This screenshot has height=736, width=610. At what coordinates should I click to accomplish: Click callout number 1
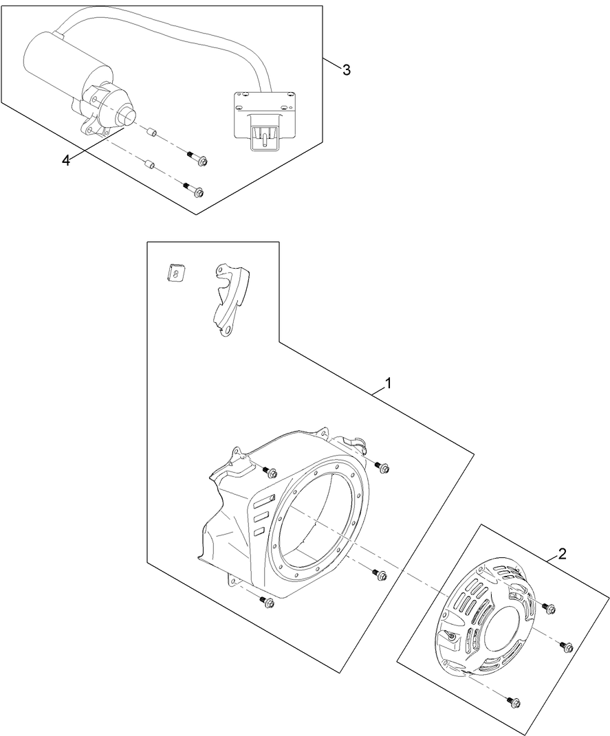pos(389,383)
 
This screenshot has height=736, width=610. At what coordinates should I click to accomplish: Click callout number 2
pos(563,554)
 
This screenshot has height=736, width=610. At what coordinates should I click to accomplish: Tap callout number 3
pos(346,70)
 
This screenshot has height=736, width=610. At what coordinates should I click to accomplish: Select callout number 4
pos(66,159)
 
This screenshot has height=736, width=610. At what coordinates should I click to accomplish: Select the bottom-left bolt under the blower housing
pos(267,602)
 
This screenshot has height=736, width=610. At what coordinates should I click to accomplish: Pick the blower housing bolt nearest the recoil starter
pos(378,575)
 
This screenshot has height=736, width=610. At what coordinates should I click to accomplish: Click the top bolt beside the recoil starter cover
pos(549,607)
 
